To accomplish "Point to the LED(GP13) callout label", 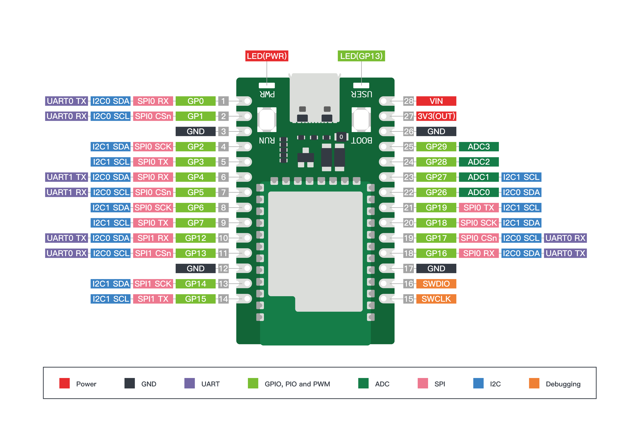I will [361, 56].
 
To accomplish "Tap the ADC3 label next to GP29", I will [479, 147].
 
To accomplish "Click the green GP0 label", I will [195, 101].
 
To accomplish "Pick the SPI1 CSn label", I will [153, 253].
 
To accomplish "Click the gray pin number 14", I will [223, 299].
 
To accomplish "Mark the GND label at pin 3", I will [195, 131].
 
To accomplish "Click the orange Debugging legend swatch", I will [534, 383].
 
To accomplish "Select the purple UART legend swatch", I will [189, 383].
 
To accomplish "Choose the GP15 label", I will [195, 299].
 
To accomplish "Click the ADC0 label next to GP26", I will [479, 192].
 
